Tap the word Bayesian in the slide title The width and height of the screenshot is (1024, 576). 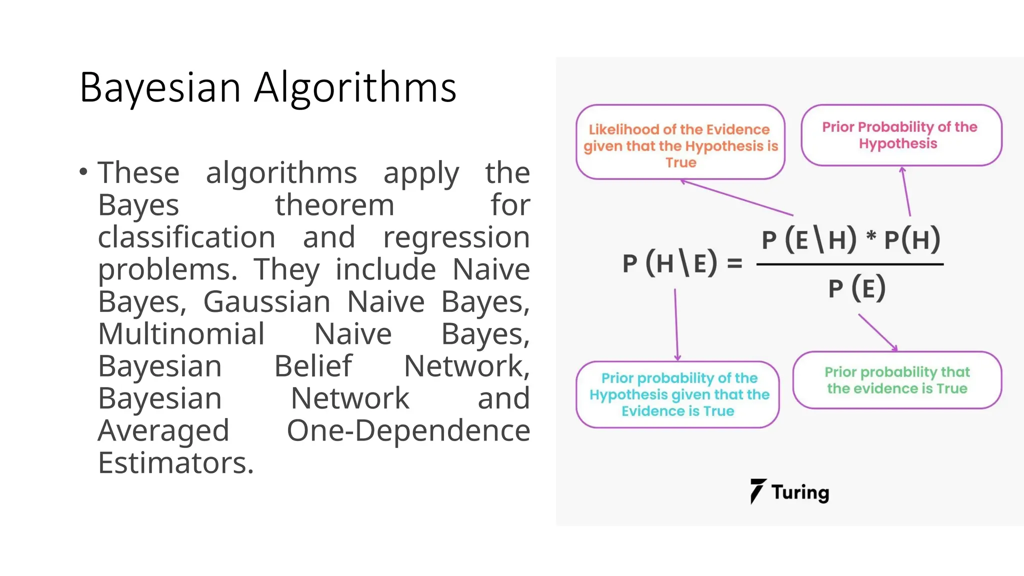click(x=160, y=88)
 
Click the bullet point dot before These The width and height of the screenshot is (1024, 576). click(x=83, y=172)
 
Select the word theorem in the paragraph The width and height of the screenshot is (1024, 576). click(x=334, y=205)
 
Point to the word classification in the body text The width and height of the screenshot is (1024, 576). click(x=186, y=237)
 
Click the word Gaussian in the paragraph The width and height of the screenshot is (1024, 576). click(x=266, y=301)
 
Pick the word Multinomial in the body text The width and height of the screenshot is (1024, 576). click(x=181, y=334)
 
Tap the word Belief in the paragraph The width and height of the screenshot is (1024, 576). click(x=313, y=366)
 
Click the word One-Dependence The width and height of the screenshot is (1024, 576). click(x=408, y=430)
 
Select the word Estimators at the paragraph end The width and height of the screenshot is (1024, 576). click(x=175, y=463)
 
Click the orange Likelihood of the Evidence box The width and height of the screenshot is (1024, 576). click(x=680, y=142)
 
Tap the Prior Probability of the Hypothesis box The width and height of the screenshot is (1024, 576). click(x=901, y=135)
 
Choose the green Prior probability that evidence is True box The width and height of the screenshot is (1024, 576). click(x=897, y=380)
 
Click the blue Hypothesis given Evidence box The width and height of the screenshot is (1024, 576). click(x=678, y=394)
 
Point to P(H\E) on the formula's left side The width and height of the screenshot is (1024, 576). click(x=670, y=263)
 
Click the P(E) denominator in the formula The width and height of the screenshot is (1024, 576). click(x=857, y=288)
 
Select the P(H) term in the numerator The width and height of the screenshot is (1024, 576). click(x=912, y=239)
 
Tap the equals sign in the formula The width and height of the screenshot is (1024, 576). click(x=734, y=263)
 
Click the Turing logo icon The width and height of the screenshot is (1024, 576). click(x=757, y=491)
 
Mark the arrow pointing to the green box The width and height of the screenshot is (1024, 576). click(x=877, y=332)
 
